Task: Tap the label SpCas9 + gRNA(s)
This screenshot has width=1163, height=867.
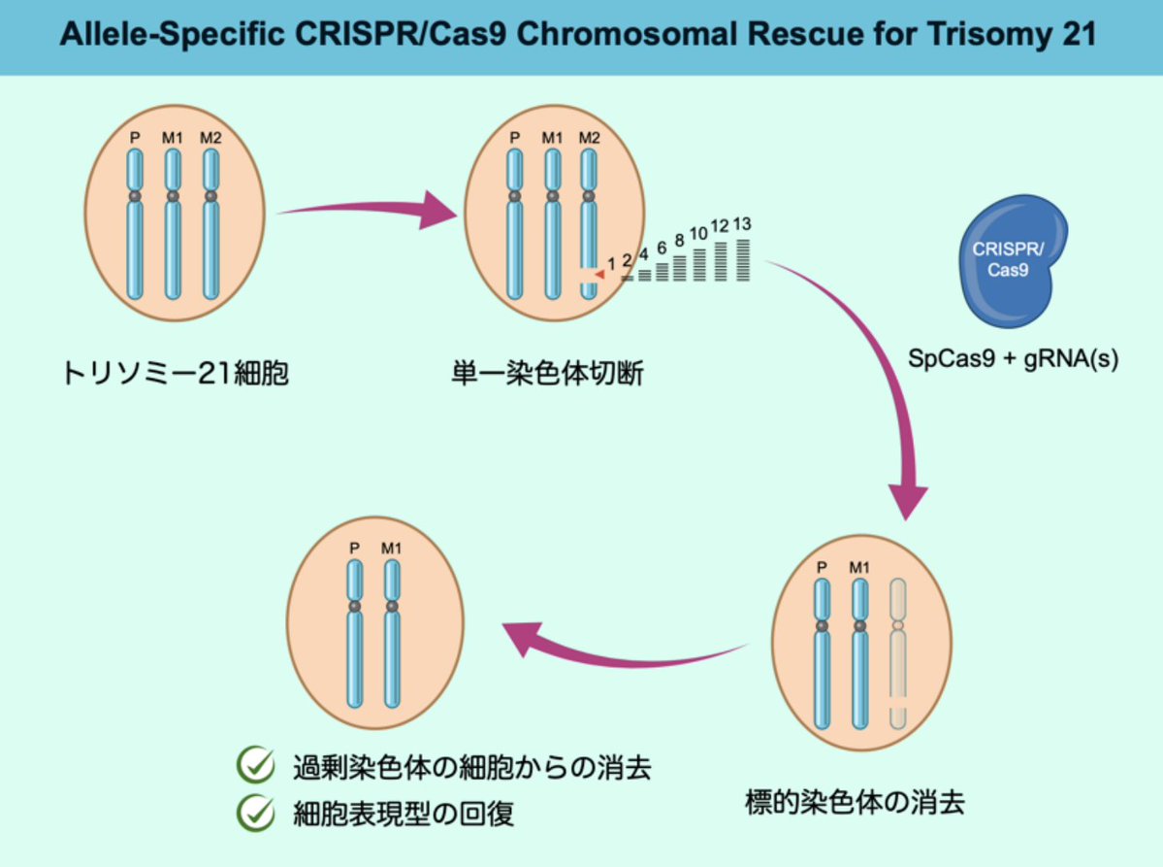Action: (1013, 358)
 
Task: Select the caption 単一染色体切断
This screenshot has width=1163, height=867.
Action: (548, 373)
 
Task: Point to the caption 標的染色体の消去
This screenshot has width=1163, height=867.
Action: (855, 803)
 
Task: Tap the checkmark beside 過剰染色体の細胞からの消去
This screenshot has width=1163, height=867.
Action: (256, 766)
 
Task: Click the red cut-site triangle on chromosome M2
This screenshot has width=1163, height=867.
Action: (599, 276)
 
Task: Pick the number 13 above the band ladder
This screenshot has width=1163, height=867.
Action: (742, 224)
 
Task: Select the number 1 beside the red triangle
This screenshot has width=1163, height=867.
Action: (611, 262)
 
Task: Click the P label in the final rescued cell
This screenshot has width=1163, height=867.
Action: (355, 549)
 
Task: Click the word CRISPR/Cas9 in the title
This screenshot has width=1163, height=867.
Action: (394, 36)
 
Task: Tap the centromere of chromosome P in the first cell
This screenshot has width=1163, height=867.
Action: (135, 196)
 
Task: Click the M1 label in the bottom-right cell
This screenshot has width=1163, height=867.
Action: (859, 566)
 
